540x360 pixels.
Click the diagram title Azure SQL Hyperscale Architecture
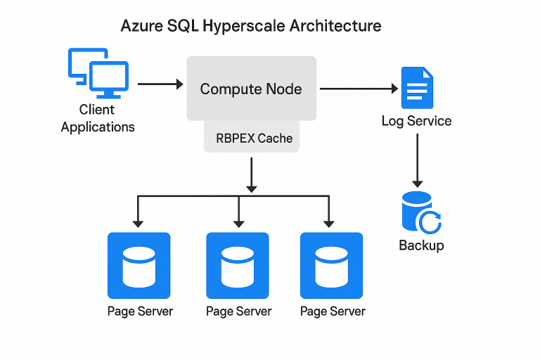pos(251,26)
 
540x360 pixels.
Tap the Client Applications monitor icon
pos(98,73)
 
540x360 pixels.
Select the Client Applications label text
pos(98,118)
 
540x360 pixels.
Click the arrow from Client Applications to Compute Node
pos(160,84)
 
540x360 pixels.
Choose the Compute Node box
pos(250,89)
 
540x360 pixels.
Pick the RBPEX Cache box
pos(254,138)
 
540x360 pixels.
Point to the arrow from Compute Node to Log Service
pos(359,89)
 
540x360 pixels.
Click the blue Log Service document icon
pos(417,88)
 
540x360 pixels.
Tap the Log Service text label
pos(416,121)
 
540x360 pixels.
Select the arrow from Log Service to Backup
pos(418,160)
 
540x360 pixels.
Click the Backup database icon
pos(420,212)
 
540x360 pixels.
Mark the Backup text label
pos(421,245)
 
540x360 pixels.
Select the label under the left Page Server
pos(140,311)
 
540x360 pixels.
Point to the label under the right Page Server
pos(333,311)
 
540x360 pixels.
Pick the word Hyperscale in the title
pos(242,26)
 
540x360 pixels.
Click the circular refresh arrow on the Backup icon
pos(430,223)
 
